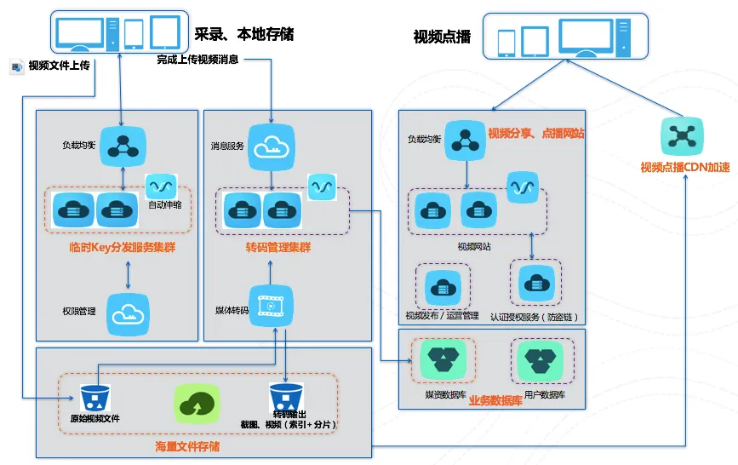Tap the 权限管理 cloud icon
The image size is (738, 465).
click(128, 313)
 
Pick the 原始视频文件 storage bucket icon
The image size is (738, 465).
click(92, 399)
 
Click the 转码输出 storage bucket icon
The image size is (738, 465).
click(283, 399)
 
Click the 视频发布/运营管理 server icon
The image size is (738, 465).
click(443, 286)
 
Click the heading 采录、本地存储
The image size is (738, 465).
click(244, 34)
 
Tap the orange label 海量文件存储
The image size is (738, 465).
click(187, 445)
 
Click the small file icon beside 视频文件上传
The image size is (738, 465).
click(16, 66)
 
